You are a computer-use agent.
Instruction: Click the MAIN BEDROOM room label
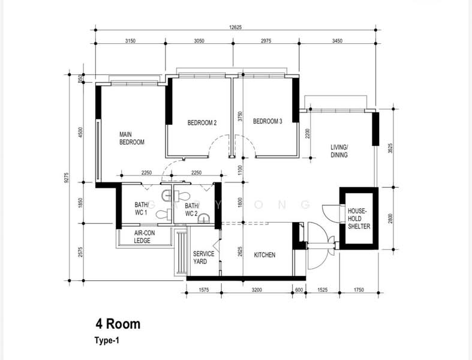[132, 138]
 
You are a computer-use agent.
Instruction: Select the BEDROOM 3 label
[267, 121]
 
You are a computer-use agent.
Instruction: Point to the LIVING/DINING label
[339, 151]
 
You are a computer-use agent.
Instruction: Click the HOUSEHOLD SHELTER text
[359, 218]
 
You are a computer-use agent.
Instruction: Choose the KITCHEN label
[264, 255]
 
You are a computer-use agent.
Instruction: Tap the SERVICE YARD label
[203, 257]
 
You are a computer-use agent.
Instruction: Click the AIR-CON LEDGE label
[142, 237]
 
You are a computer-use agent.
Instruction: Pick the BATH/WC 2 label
[191, 209]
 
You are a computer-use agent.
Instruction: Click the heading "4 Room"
[118, 324]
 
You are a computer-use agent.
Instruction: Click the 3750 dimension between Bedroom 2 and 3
[239, 116]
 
